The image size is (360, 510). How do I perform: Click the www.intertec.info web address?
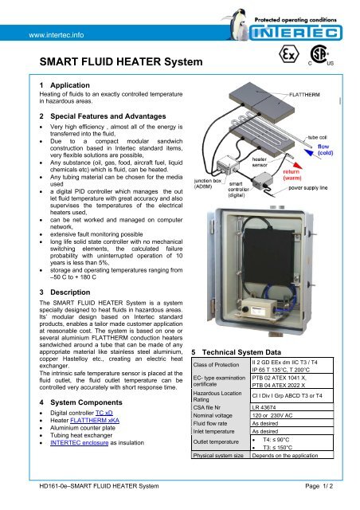pyautogui.click(x=58, y=35)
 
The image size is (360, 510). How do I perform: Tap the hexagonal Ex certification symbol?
pyautogui.click(x=281, y=60)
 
